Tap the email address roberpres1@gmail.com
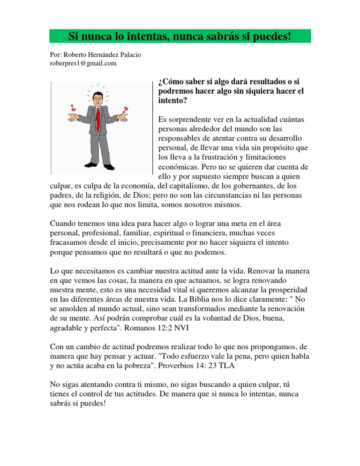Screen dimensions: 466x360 (x=83, y=63)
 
